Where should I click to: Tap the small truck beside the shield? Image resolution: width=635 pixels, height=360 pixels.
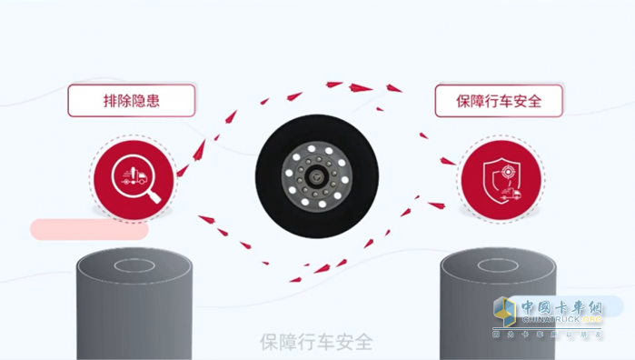(515, 193)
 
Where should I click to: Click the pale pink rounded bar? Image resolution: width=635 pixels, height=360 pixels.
(89, 229)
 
